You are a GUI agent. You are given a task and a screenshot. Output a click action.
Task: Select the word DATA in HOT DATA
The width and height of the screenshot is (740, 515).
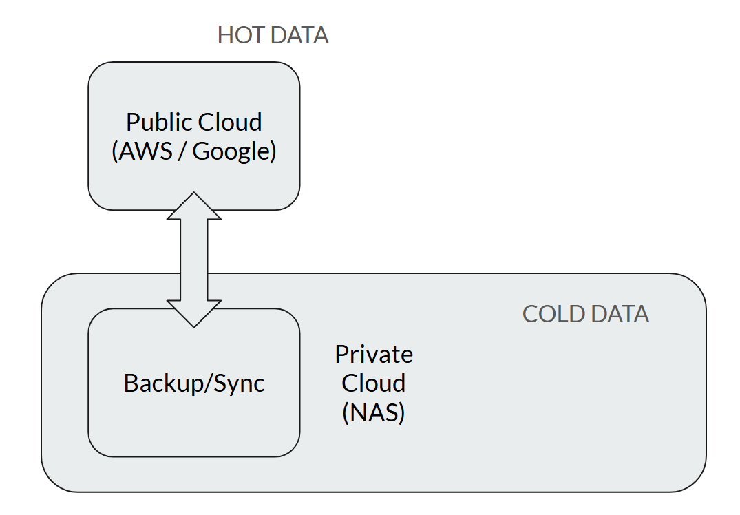coord(299,35)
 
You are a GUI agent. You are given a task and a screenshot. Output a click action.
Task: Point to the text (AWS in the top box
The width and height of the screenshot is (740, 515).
coord(142,151)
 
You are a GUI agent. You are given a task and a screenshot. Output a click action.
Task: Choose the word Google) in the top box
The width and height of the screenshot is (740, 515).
coord(234,152)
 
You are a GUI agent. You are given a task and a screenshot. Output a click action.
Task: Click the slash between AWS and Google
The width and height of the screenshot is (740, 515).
coord(182,151)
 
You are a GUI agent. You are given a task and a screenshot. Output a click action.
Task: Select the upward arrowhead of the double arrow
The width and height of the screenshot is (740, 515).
coord(194,206)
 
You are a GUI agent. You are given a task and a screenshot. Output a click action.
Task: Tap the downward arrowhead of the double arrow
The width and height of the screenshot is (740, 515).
coord(194,313)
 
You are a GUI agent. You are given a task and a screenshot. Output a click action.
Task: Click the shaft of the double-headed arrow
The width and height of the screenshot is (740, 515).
coord(194,260)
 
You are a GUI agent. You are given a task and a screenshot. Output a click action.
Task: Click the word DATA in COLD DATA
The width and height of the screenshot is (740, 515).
coord(620,315)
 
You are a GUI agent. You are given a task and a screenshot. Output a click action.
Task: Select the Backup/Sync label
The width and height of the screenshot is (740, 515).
coord(194,383)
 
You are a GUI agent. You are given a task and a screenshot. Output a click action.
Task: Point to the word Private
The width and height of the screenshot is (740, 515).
coord(374,355)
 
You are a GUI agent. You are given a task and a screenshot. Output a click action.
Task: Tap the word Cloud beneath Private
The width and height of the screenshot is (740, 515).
coord(373,383)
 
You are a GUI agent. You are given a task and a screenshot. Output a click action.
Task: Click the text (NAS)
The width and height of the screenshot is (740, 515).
coord(373,412)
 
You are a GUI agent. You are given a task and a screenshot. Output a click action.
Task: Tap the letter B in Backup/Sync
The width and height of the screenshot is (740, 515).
coord(131,383)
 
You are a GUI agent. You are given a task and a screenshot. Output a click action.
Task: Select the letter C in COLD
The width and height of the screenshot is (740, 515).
coord(531,315)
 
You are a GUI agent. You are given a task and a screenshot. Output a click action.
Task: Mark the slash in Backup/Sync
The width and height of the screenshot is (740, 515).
coord(208,383)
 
